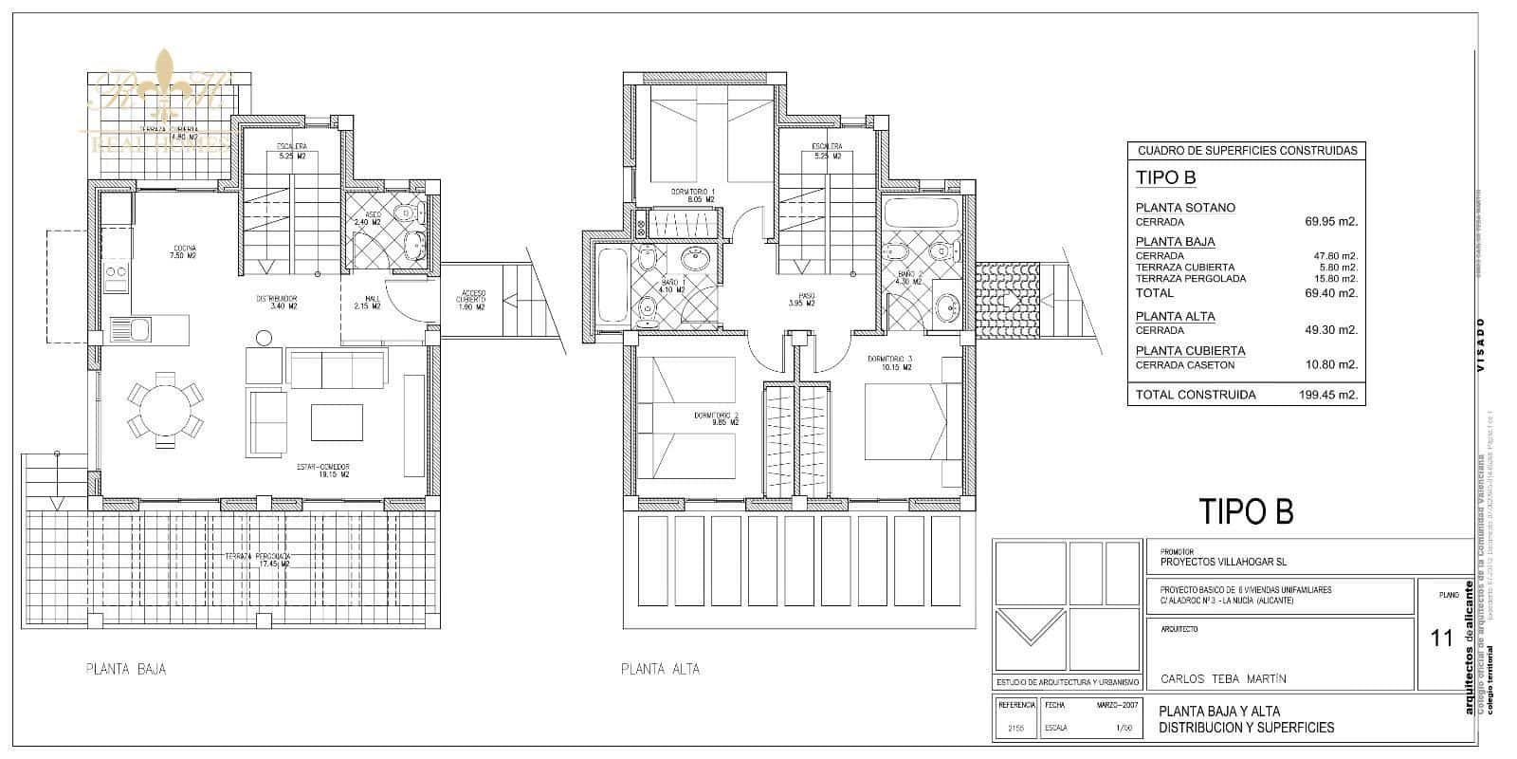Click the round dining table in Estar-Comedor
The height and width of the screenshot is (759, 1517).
tap(166, 409)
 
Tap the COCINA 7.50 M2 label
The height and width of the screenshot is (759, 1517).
tap(183, 251)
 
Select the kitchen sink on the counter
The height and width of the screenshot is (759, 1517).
tap(130, 331)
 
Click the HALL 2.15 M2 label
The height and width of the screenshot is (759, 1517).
tap(367, 303)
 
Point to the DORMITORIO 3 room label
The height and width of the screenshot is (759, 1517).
tap(889, 361)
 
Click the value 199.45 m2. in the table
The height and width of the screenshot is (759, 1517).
tap(1327, 395)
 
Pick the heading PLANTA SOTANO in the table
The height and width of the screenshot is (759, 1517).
tap(1185, 208)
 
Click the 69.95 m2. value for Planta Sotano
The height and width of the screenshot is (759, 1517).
tap(1331, 222)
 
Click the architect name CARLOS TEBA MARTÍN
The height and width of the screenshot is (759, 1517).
tap(1223, 679)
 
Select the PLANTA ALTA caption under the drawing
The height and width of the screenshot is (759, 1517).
tap(660, 669)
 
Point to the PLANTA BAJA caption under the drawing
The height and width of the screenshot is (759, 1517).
tap(125, 669)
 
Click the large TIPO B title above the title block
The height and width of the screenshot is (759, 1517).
tap(1246, 511)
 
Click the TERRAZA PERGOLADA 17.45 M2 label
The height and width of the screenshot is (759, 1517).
tap(257, 560)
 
